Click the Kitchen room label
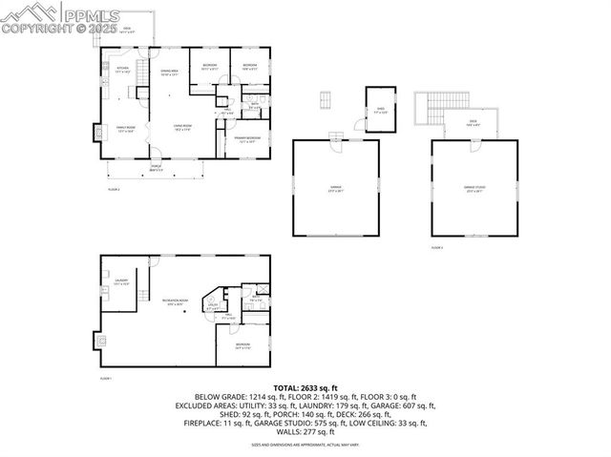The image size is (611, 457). (x=122, y=70)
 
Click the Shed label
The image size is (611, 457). (x=380, y=110)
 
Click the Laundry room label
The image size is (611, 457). (x=120, y=282)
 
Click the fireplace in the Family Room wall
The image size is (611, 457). (x=96, y=132)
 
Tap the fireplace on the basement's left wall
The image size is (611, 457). (x=99, y=340)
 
